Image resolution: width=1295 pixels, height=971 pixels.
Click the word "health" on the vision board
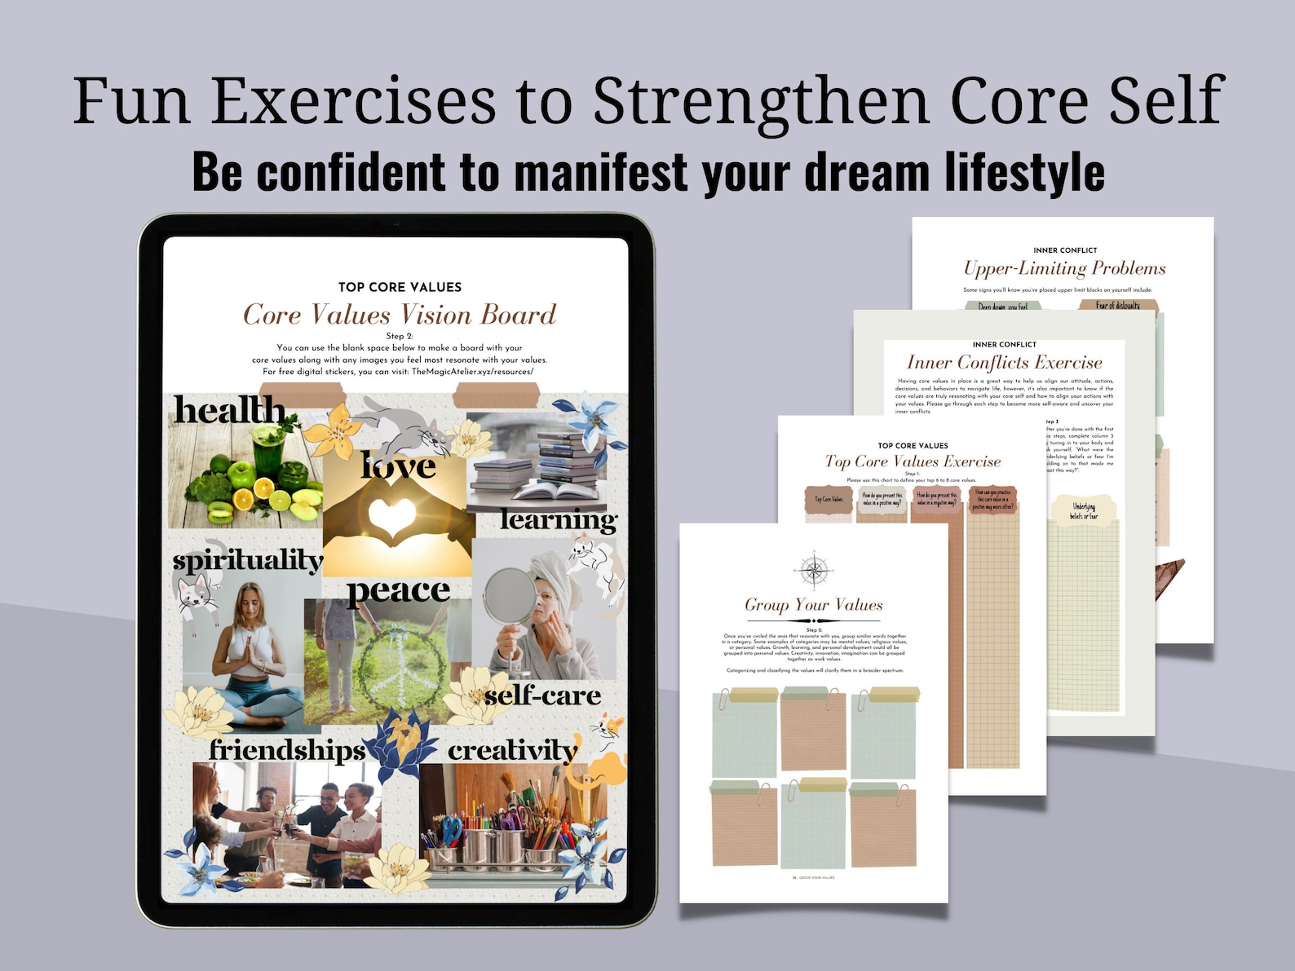tap(229, 410)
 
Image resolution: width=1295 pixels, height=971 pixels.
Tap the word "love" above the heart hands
tap(399, 466)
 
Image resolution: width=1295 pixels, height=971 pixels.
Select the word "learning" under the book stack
tap(559, 519)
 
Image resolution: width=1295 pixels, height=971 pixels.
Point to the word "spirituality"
tap(248, 560)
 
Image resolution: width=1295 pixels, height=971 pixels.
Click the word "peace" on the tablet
tap(399, 590)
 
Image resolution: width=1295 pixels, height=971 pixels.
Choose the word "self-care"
tap(542, 695)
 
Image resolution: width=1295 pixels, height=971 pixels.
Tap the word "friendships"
tap(288, 749)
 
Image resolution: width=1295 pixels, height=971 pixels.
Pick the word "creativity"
tap(513, 750)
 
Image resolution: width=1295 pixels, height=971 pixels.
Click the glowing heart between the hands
tap(392, 515)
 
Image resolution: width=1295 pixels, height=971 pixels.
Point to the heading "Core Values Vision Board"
tap(400, 315)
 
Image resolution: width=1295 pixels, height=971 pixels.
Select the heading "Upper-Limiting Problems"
tap(1064, 268)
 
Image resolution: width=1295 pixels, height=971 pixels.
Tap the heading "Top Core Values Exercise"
tap(913, 461)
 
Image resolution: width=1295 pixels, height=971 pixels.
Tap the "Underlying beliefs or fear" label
tap(1084, 511)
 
